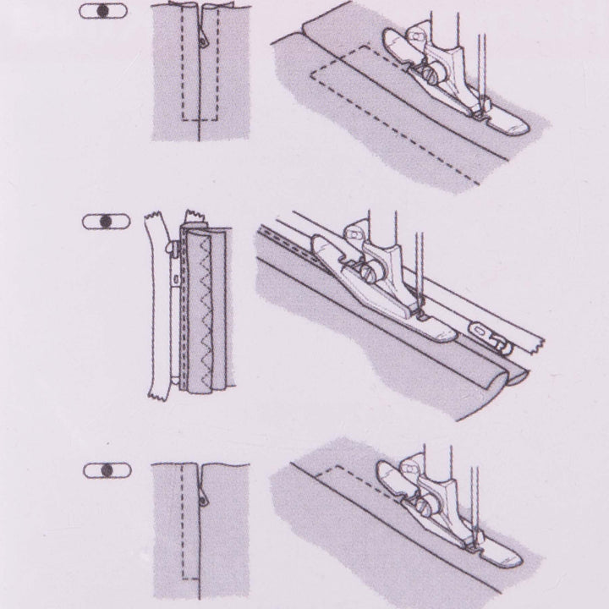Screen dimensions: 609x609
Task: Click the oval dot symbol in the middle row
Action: pos(104,221)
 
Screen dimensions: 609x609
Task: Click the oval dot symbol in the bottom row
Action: pos(104,469)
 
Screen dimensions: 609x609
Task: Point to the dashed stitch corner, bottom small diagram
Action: pos(184,580)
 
